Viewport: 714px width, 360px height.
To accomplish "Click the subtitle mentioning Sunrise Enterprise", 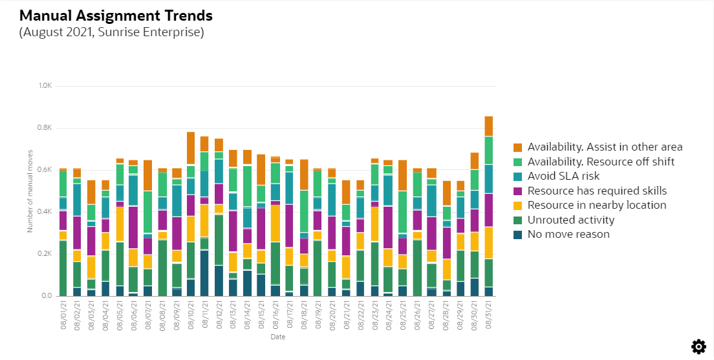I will [111, 32].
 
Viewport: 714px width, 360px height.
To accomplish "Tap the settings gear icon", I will [698, 346].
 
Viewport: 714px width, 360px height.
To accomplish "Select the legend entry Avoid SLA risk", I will [563, 176].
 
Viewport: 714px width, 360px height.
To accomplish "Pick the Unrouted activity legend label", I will [570, 220].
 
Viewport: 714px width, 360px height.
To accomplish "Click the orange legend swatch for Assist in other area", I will [517, 147].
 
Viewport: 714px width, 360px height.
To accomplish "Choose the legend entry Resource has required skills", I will [597, 191].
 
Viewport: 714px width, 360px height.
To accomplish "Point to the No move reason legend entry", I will [568, 234].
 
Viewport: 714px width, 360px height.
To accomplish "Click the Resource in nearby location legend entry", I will [596, 205].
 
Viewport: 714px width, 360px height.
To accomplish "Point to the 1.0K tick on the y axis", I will [45, 86].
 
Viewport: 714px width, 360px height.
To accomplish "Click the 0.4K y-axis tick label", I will [45, 212].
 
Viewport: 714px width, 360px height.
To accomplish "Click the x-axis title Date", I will [277, 337].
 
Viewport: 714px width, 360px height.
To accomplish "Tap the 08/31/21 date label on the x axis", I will [490, 313].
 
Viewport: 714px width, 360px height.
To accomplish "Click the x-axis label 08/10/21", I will [191, 313].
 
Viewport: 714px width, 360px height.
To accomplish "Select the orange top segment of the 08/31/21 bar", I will [489, 126].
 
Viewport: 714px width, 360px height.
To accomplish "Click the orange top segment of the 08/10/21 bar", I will [191, 148].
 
